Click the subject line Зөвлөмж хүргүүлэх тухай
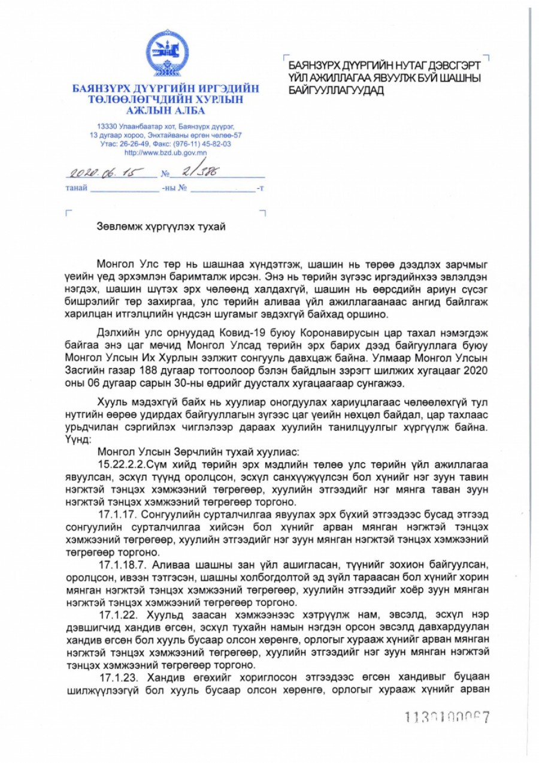[162, 226]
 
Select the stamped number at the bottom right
[447, 716]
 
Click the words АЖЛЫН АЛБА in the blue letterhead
[165, 110]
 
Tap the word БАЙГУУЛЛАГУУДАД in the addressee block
[336, 91]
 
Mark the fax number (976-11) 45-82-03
[205, 144]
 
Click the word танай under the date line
[76, 188]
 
